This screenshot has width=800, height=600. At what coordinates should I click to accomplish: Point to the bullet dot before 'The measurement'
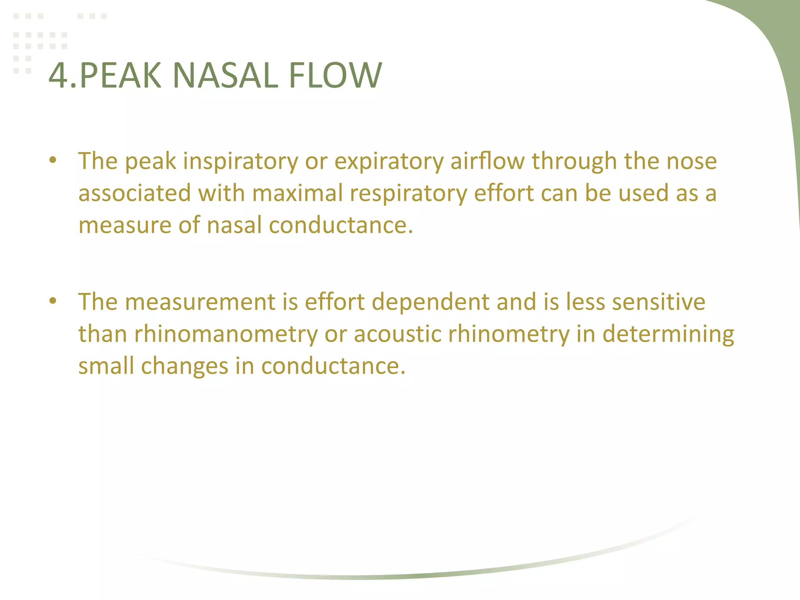[x=53, y=301]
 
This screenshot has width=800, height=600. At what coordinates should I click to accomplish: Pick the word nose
[x=691, y=161]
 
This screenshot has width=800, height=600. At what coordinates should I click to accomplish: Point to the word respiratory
[x=408, y=194]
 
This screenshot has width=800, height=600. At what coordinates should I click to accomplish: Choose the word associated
[x=134, y=193]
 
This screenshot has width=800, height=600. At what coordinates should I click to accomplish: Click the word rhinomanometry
[x=226, y=335]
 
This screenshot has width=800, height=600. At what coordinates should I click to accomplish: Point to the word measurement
[x=200, y=302]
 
